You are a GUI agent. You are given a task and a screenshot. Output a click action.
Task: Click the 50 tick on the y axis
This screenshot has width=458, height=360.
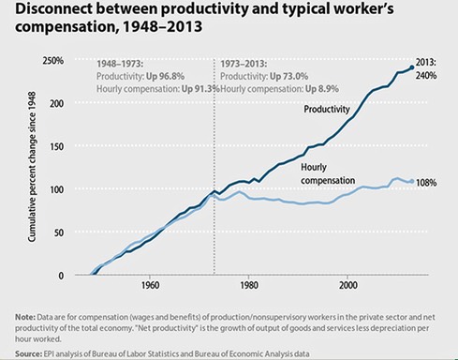pyautogui.click(x=56, y=233)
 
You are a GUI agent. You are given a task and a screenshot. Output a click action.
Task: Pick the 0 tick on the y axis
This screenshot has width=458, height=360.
pyautogui.click(x=59, y=276)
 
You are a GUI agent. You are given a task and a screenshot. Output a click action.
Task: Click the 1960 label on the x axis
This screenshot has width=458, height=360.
pyautogui.click(x=149, y=287)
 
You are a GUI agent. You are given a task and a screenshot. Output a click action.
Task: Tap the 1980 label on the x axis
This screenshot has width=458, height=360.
pyautogui.click(x=248, y=287)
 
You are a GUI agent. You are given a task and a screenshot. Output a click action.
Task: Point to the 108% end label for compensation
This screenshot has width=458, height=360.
pyautogui.click(x=427, y=182)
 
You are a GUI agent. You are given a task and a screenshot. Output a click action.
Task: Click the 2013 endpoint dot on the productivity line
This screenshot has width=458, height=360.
pyautogui.click(x=412, y=67)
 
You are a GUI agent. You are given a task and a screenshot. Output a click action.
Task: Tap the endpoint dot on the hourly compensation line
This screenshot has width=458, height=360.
pyautogui.click(x=411, y=180)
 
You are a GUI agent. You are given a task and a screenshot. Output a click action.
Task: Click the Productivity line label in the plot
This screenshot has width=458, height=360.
pyautogui.click(x=329, y=109)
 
